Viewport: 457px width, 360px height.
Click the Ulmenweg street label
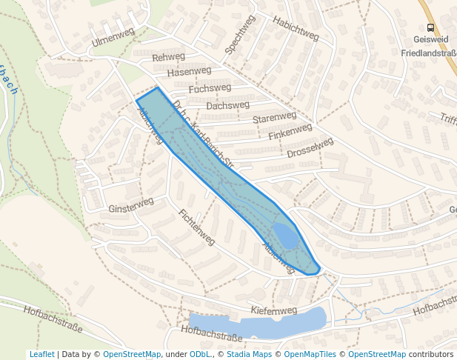click(x=113, y=37)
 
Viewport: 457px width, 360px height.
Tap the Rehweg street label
click(x=168, y=57)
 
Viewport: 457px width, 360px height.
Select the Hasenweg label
click(x=189, y=72)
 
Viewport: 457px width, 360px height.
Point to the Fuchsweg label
click(x=210, y=88)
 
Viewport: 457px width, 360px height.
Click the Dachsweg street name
click(x=228, y=106)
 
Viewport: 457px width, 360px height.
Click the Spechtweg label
click(x=239, y=34)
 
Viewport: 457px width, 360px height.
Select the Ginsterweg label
click(x=130, y=205)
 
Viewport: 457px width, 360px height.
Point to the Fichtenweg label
click(x=196, y=227)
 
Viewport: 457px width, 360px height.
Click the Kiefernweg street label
click(x=273, y=310)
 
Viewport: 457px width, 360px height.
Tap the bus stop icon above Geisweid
click(x=431, y=28)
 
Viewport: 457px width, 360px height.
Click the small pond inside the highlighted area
click(x=286, y=235)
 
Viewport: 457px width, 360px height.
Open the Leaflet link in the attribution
click(x=41, y=354)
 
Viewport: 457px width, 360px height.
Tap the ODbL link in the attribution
click(x=199, y=354)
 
